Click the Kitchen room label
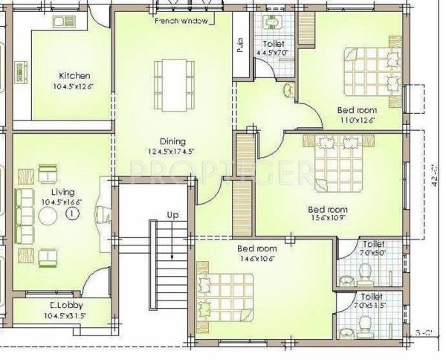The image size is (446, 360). (x=74, y=75)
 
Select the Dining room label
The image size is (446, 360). (x=172, y=141)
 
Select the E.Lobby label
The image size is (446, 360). (x=68, y=306)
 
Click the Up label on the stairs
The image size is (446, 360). (x=172, y=215)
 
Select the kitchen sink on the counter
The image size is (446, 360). (x=59, y=23)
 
